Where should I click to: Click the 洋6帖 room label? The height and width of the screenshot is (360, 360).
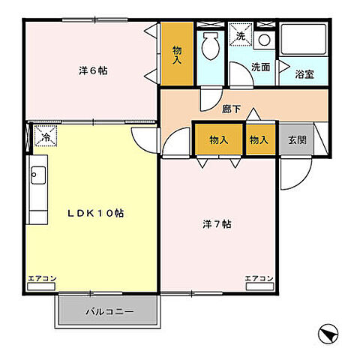[93, 71]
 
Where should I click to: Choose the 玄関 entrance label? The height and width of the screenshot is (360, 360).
[296, 139]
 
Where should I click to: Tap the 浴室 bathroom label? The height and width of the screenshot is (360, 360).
[304, 74]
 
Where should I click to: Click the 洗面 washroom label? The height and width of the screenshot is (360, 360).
[260, 67]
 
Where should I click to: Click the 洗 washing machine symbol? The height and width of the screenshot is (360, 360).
[240, 36]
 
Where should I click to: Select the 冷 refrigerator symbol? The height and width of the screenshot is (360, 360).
[45, 136]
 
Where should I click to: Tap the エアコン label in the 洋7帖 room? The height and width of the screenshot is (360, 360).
[259, 278]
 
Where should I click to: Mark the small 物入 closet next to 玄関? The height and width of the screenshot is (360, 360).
[259, 139]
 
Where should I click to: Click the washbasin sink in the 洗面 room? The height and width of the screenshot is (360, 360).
[263, 40]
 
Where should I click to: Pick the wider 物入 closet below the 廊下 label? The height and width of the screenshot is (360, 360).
[218, 139]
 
